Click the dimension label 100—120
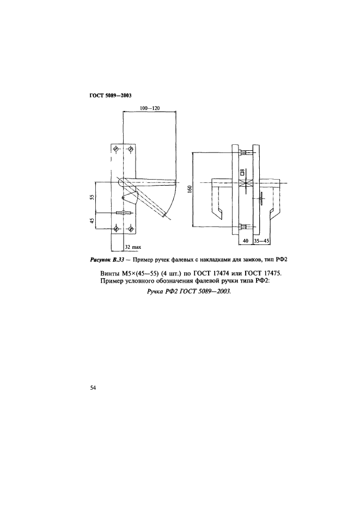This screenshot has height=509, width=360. [149, 108]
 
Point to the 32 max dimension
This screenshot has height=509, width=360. [132, 247]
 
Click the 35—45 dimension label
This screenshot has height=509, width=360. [261, 240]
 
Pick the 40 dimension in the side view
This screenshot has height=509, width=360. [246, 240]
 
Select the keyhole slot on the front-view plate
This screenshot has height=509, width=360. [124, 213]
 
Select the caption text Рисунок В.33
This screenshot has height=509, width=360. [105, 259]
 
